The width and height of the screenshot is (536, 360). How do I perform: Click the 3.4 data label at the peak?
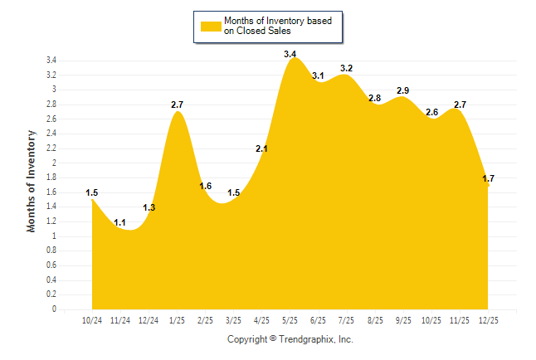290,54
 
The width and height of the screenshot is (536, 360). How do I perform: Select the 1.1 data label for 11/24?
119,222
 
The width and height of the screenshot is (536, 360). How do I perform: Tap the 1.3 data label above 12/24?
149,207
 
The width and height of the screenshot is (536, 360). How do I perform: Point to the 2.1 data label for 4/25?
261,148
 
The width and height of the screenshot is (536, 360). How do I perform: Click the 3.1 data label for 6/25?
318,75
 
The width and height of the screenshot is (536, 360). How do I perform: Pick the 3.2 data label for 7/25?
346,68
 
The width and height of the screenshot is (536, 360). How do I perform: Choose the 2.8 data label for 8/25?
374,98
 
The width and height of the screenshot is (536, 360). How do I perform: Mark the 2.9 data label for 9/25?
403,90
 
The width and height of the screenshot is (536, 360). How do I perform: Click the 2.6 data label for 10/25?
431,112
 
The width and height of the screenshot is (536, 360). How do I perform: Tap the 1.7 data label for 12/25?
488,178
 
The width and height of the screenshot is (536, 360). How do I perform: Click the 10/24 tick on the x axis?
91,319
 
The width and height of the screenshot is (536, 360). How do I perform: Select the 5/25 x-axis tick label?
290,319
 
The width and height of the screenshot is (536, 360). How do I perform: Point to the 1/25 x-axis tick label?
177,319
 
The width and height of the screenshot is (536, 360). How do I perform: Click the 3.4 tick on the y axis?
51,61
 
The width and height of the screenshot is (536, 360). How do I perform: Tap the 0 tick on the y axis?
54,309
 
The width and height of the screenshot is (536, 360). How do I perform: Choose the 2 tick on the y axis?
54,163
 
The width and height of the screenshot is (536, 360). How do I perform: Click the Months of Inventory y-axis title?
32,181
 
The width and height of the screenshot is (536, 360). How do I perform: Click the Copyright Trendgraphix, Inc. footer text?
290,339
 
